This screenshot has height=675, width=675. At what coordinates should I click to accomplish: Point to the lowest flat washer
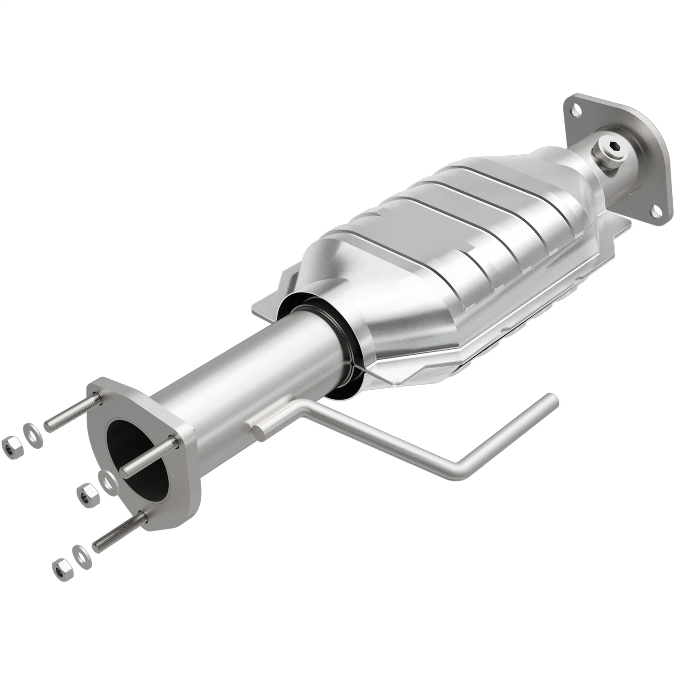pos(81,551)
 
